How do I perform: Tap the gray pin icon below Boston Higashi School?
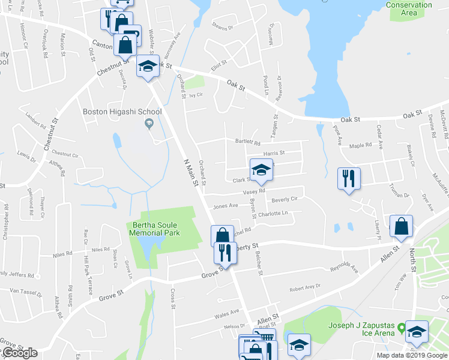[149, 124]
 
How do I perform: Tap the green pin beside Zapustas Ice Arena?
[400, 329]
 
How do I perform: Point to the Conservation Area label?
[409, 8]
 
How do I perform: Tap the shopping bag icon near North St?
[401, 226]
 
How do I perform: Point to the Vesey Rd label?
[254, 191]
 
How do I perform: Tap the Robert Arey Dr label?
[305, 288]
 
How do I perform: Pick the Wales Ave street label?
[227, 313]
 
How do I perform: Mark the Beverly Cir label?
[285, 199]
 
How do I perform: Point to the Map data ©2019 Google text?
[412, 355]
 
